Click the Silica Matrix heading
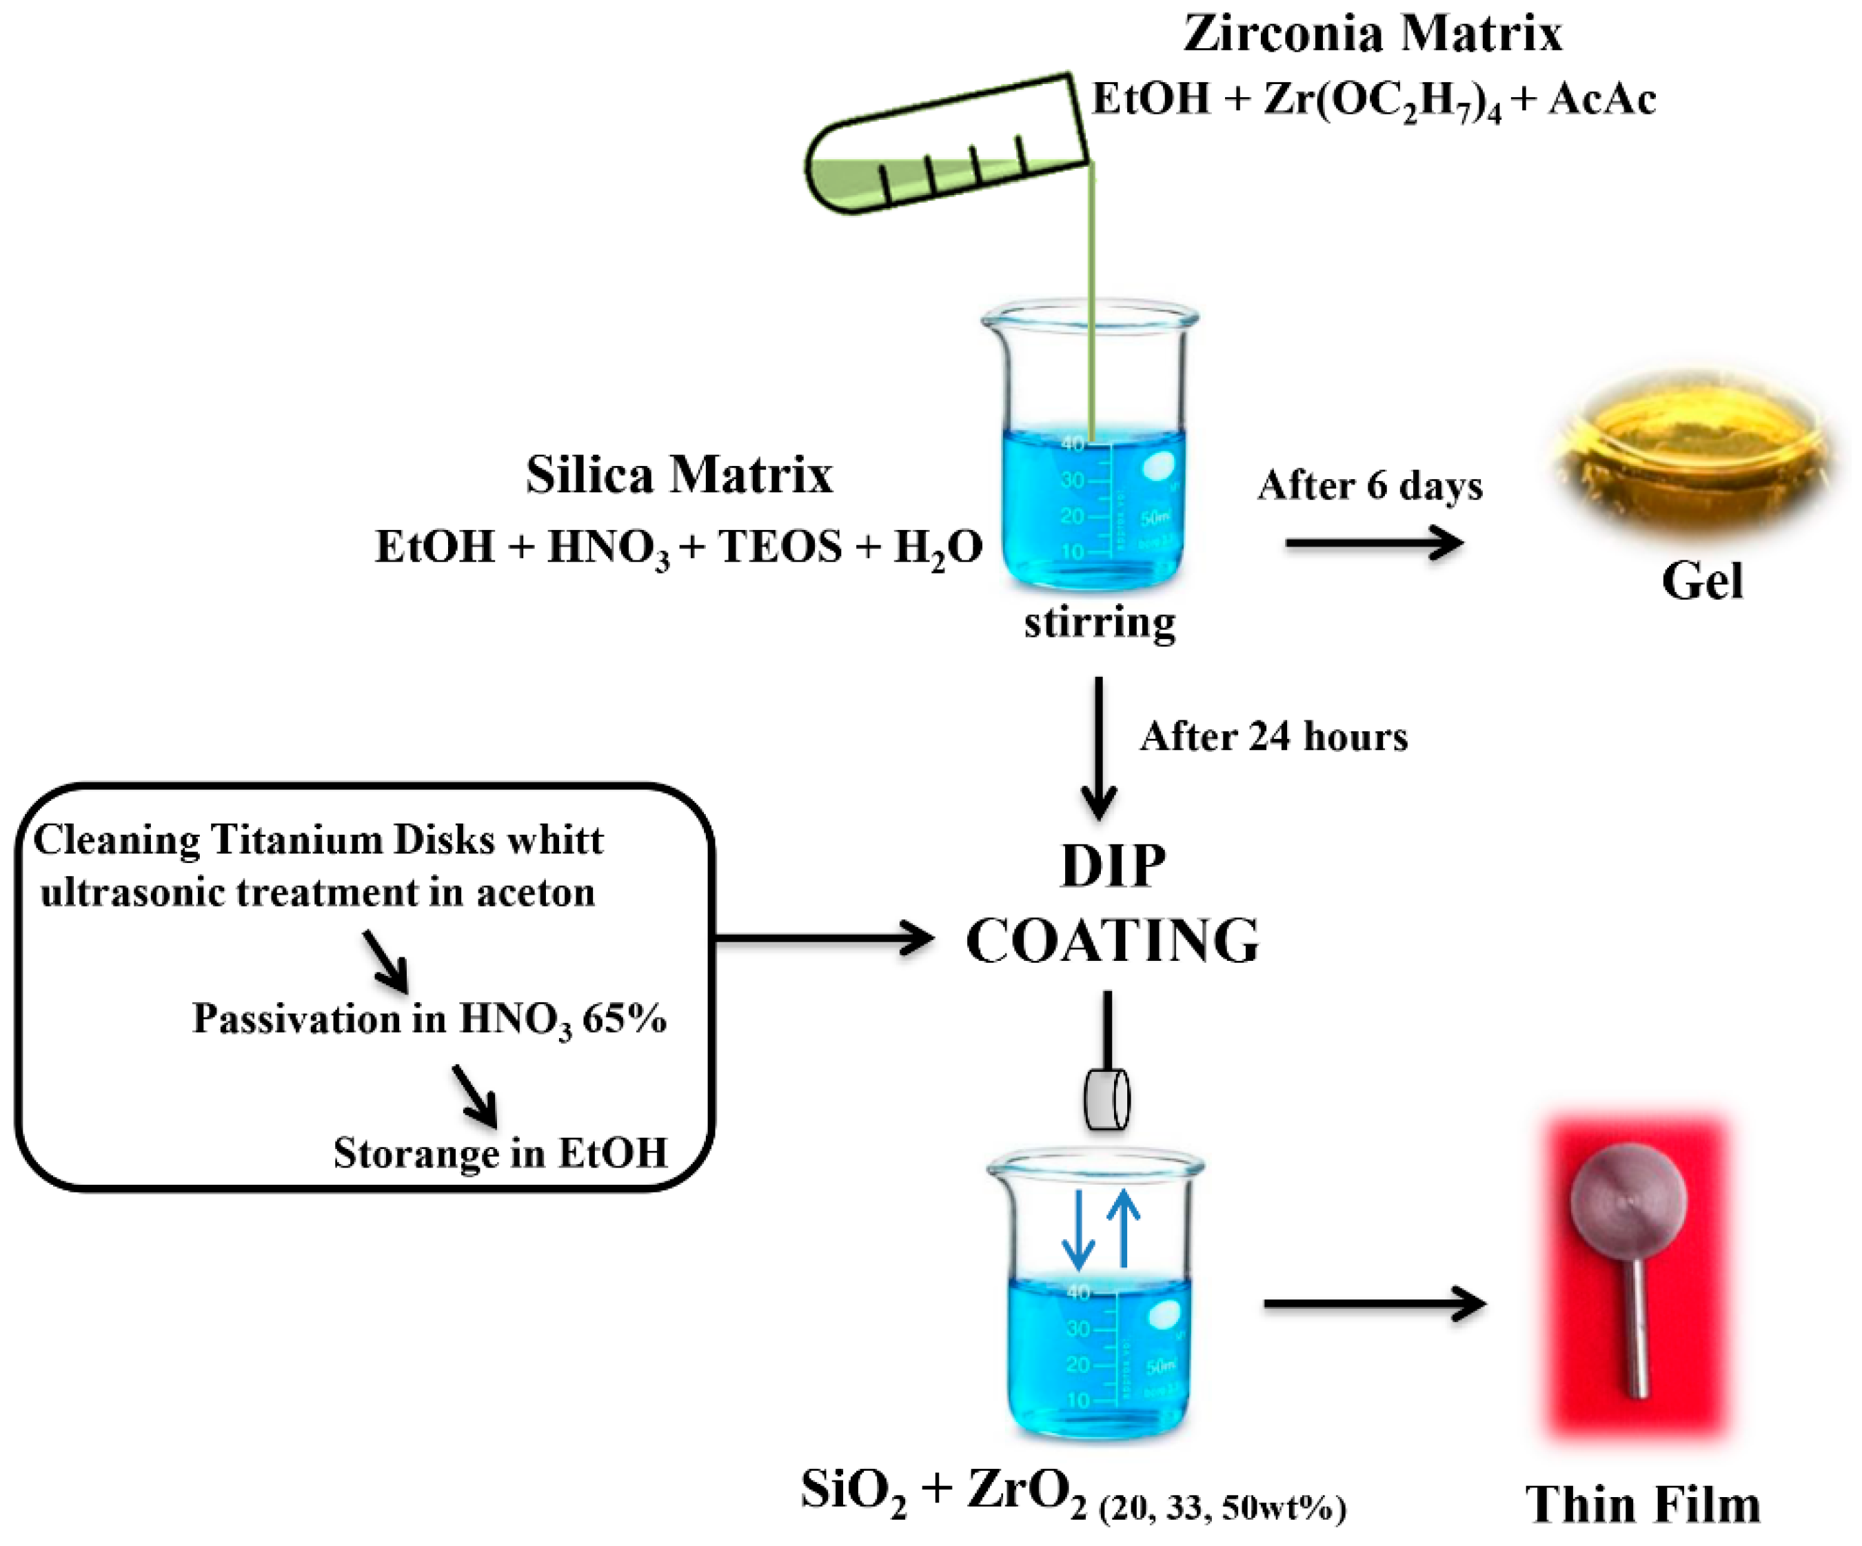click(679, 474)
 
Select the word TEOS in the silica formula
click(780, 546)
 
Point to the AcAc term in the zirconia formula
click(1602, 99)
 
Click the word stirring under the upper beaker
click(1100, 622)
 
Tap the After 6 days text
click(1370, 486)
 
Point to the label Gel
click(1701, 582)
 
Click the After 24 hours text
click(1273, 737)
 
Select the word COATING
click(1112, 942)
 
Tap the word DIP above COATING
click(1113, 866)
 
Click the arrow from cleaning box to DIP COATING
click(824, 938)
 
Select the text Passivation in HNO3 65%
click(429, 1019)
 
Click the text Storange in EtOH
click(500, 1153)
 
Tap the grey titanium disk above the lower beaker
click(1106, 1100)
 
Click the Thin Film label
click(1642, 1505)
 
